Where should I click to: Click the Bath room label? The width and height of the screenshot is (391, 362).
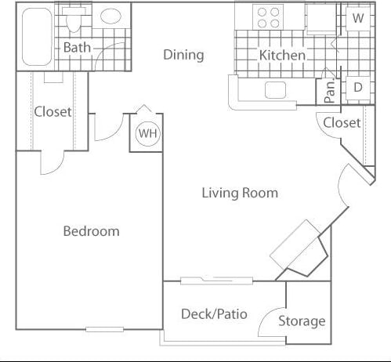tap(77, 47)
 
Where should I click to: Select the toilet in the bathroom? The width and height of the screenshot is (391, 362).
tap(78, 19)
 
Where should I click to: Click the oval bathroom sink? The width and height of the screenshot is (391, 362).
tap(110, 16)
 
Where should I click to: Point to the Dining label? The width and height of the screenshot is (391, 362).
tap(183, 54)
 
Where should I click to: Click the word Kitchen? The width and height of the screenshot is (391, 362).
tap(282, 56)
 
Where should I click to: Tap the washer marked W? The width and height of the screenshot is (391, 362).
tap(357, 18)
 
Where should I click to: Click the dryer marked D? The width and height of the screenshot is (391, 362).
tap(357, 88)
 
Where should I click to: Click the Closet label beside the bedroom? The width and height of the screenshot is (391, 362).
tap(52, 111)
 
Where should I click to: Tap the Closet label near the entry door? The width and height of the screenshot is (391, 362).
tap(342, 122)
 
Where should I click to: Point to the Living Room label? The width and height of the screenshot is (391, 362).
tap(240, 193)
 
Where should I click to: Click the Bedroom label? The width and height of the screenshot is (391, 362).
tap(91, 231)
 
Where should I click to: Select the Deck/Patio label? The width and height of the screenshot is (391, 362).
tap(214, 314)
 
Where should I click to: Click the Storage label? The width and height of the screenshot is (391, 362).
tap(302, 320)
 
